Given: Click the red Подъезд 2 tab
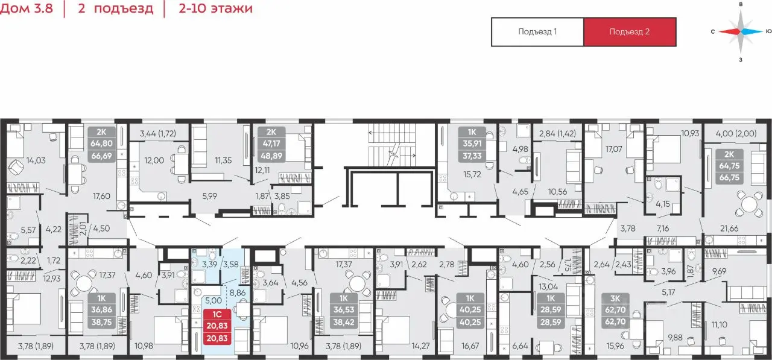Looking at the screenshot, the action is [x=630, y=32].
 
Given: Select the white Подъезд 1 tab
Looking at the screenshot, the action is [x=537, y=32].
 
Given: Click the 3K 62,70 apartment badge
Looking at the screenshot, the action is [x=615, y=310].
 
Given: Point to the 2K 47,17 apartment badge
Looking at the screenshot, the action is [x=271, y=144].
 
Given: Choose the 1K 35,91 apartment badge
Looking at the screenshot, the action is [x=472, y=144].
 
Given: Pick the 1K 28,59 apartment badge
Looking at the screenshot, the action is [x=551, y=310].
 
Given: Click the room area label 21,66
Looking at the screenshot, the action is [x=729, y=229].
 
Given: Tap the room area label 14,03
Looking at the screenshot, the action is [x=36, y=160].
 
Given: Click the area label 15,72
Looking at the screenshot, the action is [x=472, y=174].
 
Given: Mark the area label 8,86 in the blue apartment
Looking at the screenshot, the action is [x=238, y=293].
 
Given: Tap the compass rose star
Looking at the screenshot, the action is [x=740, y=32].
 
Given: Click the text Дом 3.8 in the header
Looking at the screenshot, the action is [x=27, y=8].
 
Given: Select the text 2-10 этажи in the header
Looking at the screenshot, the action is [x=215, y=8].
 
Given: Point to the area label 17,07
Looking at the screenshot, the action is [x=614, y=149].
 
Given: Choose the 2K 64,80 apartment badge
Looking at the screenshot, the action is [x=101, y=144].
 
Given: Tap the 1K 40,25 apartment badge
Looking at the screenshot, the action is [x=470, y=310].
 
